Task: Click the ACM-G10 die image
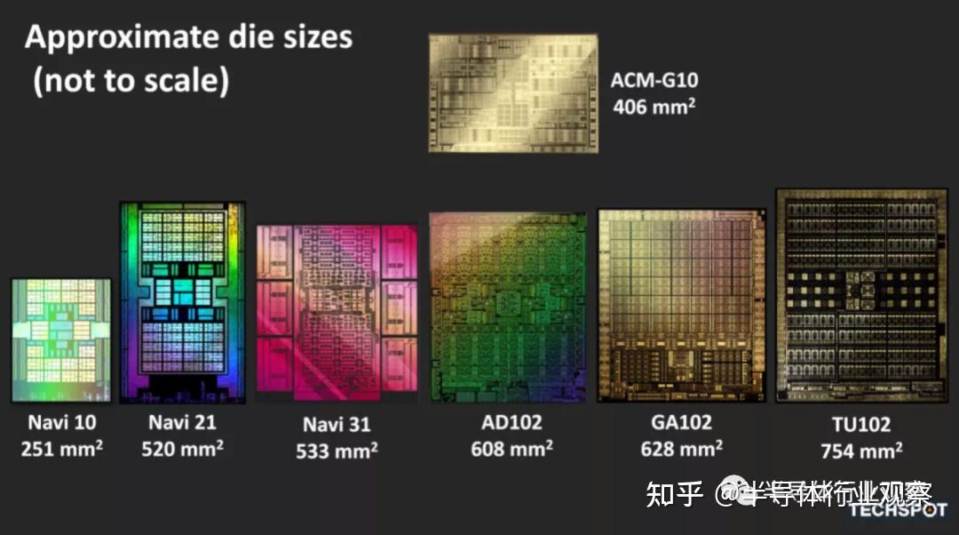513,93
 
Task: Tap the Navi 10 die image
61,340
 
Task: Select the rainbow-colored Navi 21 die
182,302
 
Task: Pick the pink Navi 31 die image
337,309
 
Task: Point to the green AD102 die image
508,307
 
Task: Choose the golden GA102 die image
681,306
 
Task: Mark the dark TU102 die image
861,295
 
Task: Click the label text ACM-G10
654,81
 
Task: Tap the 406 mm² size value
654,107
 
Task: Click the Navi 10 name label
60,422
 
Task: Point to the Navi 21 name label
182,422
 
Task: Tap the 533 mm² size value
337,451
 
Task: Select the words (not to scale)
131,81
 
